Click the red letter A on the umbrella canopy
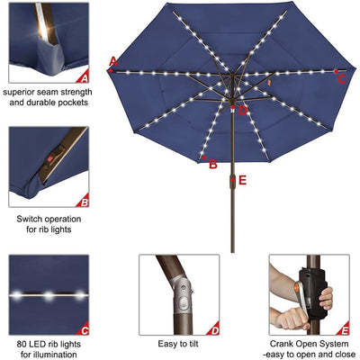click(x=113, y=61)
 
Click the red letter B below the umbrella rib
click(x=213, y=164)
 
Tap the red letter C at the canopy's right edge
click(x=343, y=78)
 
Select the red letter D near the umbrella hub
click(x=243, y=111)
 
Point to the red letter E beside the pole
click(x=243, y=180)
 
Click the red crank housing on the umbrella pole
click(x=230, y=181)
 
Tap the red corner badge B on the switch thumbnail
click(x=84, y=202)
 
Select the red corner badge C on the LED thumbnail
click(x=84, y=330)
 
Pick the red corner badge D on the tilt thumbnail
click(x=213, y=330)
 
